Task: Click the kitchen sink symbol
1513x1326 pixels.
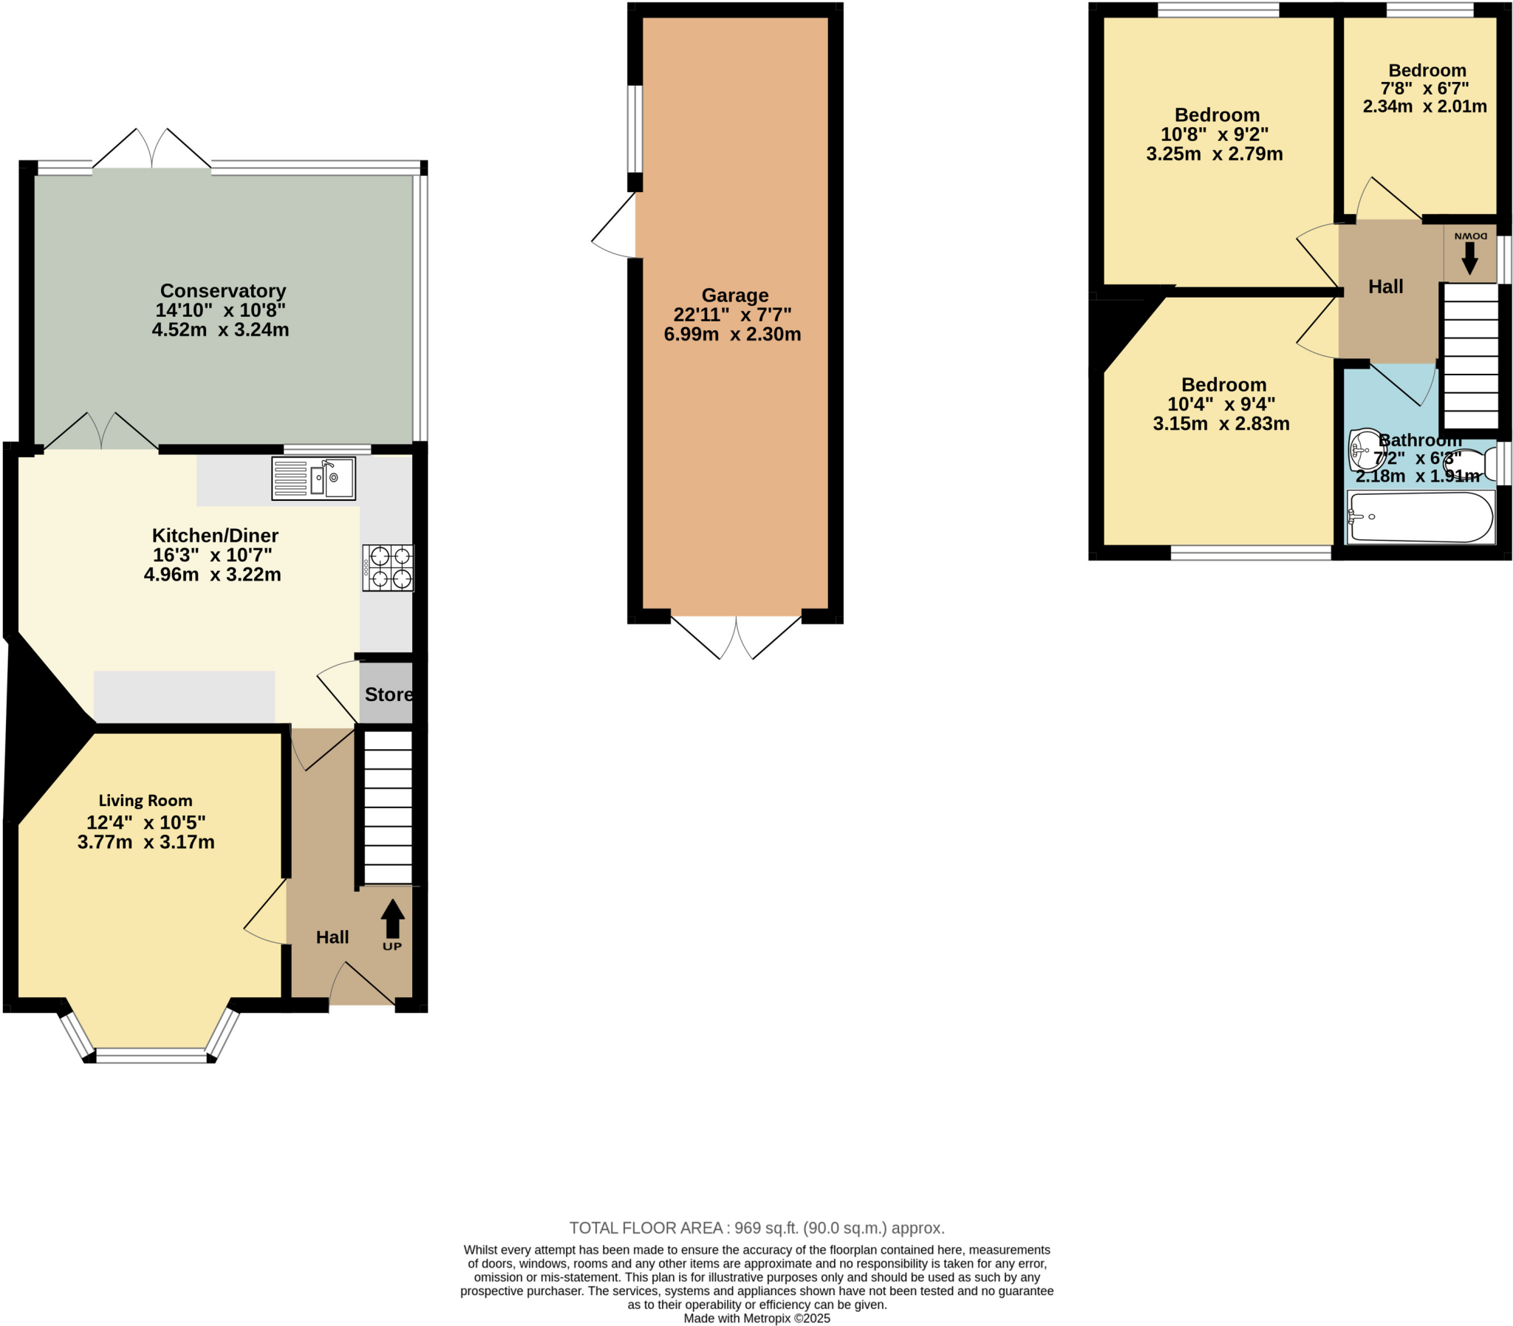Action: point(314,479)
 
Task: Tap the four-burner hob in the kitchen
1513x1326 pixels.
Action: point(389,567)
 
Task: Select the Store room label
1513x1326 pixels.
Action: point(389,694)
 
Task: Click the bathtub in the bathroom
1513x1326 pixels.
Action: point(1420,517)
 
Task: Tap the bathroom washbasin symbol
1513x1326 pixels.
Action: point(1365,448)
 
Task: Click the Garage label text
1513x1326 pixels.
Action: point(734,295)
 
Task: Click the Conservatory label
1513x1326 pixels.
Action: point(222,291)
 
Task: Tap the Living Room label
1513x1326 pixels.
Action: point(146,801)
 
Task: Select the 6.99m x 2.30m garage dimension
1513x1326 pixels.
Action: point(731,335)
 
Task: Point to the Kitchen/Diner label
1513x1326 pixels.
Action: point(215,536)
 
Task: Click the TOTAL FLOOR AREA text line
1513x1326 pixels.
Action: point(756,1228)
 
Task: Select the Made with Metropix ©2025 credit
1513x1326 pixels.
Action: point(756,1319)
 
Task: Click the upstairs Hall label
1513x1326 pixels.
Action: point(1385,287)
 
